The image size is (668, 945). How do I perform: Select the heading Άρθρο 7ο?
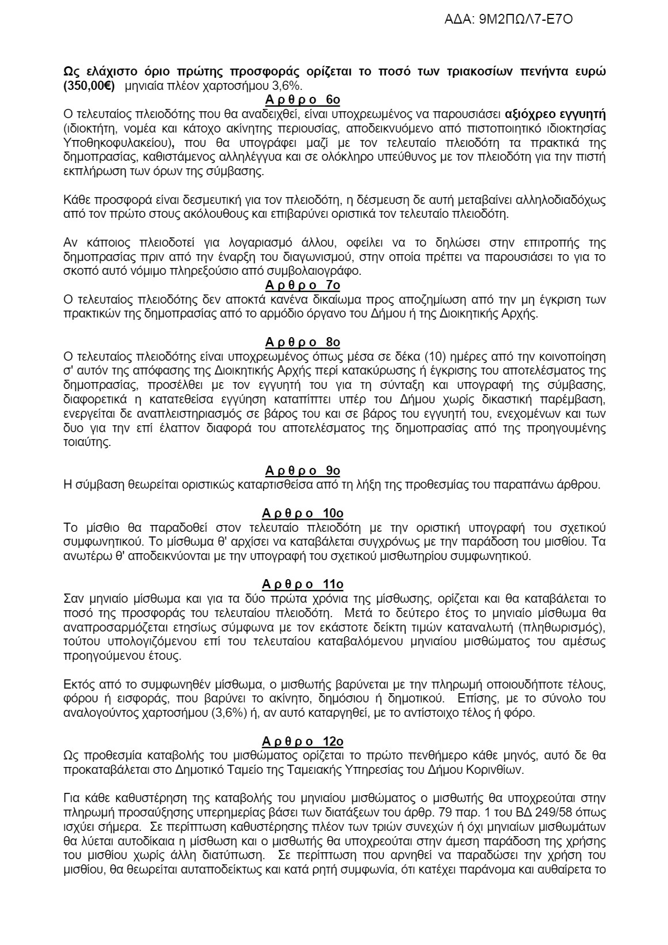pyautogui.click(x=303, y=285)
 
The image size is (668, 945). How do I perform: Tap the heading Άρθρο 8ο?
pyautogui.click(x=303, y=343)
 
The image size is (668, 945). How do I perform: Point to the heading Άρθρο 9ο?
pyautogui.click(x=303, y=471)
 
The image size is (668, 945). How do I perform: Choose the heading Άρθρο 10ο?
pyautogui.click(x=303, y=513)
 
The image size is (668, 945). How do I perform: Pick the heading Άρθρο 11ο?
pyautogui.click(x=303, y=584)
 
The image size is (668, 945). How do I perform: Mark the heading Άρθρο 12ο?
pyautogui.click(x=303, y=741)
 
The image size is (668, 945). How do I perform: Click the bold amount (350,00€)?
pyautogui.click(x=89, y=86)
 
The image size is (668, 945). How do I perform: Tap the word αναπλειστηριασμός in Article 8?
pyautogui.click(x=171, y=414)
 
